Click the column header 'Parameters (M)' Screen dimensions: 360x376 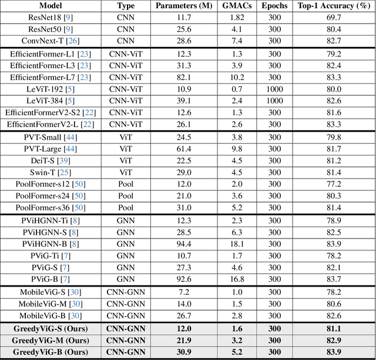click(184, 6)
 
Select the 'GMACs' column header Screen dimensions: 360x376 click(239, 6)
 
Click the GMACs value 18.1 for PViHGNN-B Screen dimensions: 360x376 click(237, 244)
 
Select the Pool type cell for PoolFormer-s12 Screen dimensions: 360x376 click(126, 184)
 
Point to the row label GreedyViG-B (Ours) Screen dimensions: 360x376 click(50, 352)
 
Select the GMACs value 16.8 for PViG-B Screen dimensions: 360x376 click(237, 279)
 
